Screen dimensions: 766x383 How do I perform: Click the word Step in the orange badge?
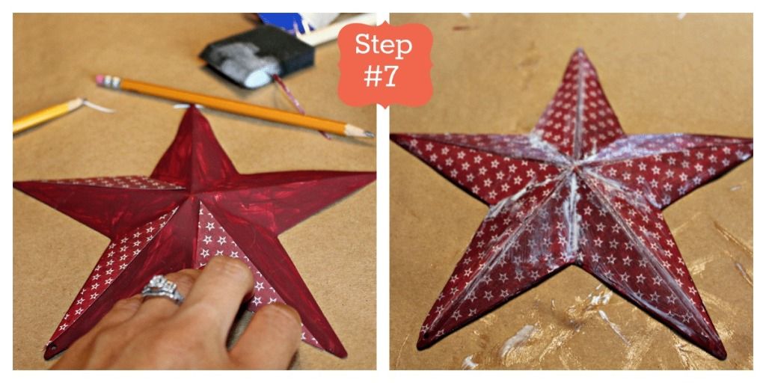tap(384, 46)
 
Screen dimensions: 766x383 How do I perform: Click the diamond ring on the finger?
tap(162, 289)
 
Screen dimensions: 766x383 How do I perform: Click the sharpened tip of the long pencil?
tap(370, 134)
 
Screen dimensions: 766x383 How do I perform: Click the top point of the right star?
tap(580, 49)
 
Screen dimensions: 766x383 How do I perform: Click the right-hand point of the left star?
tap(374, 173)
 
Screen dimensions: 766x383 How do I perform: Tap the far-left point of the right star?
tap(393, 135)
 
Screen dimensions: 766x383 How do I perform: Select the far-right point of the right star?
tap(750, 141)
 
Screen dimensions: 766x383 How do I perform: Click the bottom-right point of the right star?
tap(723, 356)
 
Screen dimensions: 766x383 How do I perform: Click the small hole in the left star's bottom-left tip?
tap(52, 349)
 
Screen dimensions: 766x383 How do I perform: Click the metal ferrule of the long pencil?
tap(113, 83)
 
